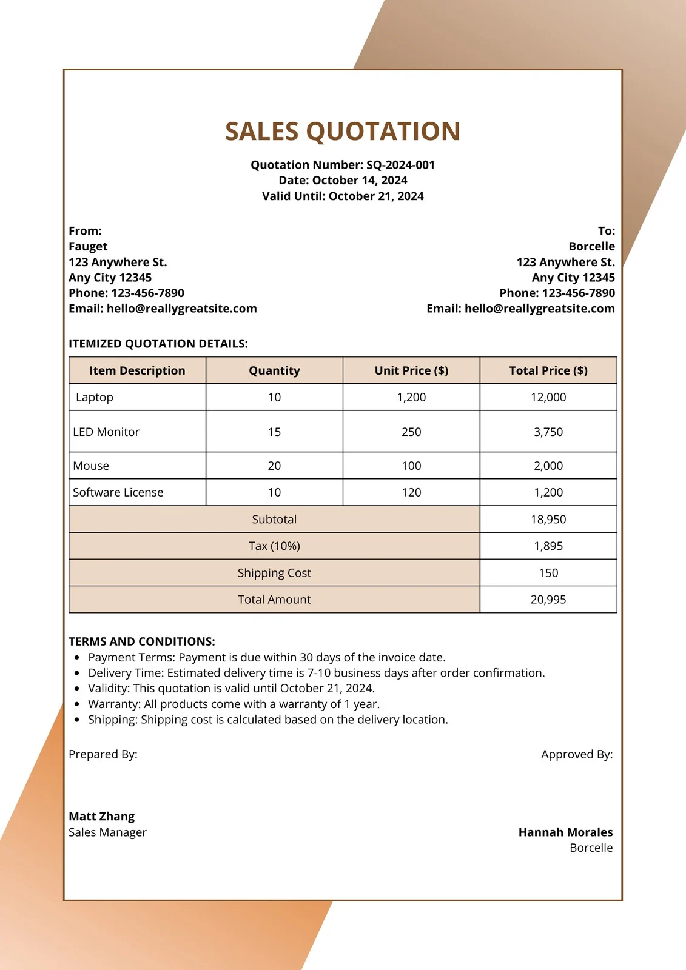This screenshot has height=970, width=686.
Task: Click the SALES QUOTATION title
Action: [x=343, y=132]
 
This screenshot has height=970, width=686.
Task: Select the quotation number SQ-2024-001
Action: [x=400, y=165]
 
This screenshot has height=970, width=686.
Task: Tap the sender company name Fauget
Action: [x=88, y=246]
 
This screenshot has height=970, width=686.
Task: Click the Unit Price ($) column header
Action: [x=411, y=370]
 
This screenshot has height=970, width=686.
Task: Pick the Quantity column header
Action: [x=274, y=370]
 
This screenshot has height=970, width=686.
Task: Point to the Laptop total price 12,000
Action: [x=548, y=397]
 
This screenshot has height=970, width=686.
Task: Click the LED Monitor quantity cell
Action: [x=274, y=432]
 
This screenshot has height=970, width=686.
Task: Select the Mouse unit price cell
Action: [x=411, y=466]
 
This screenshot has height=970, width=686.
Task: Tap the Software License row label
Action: [x=118, y=492]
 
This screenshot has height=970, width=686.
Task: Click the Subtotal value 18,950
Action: [x=548, y=519]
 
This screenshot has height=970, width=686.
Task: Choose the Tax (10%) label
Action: [x=274, y=546]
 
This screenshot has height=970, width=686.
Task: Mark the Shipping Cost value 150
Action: [x=548, y=573]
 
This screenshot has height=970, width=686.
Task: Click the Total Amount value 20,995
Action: [x=548, y=600]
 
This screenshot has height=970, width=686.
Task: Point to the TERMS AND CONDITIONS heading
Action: [x=142, y=641]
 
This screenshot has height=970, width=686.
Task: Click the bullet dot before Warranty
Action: [x=76, y=704]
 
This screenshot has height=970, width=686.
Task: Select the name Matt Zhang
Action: [x=102, y=817]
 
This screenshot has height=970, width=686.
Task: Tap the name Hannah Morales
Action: [x=565, y=832]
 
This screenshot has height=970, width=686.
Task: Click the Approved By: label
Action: [x=577, y=754]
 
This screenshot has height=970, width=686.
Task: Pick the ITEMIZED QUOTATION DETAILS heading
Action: [x=158, y=344]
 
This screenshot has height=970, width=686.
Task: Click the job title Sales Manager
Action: [x=107, y=832]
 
